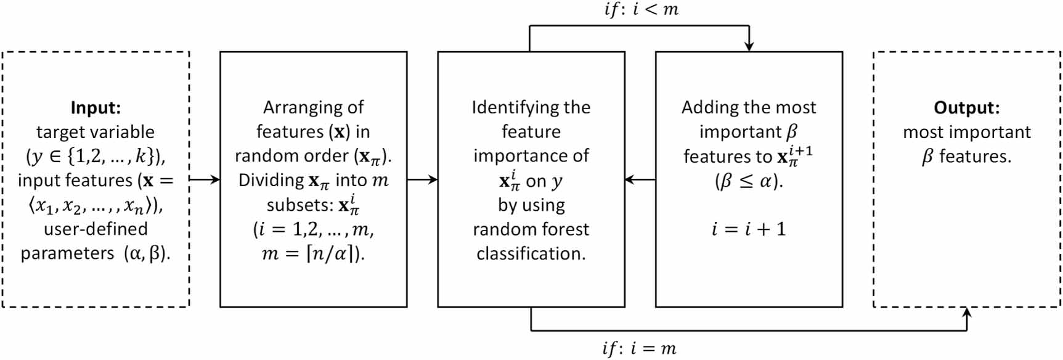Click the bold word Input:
point(96,108)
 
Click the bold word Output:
point(966,108)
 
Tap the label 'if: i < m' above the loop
point(641,10)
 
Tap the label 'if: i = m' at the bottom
point(639,349)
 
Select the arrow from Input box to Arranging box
point(205,180)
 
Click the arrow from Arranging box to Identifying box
point(423,180)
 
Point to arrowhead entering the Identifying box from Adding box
point(630,180)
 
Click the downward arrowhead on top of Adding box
point(749,46)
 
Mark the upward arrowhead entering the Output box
point(967,313)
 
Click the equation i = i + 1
point(749,229)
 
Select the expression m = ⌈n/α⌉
point(313,254)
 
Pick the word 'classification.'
point(531,254)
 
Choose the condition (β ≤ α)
point(749,181)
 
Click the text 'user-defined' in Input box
point(96,229)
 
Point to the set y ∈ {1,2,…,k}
point(96,157)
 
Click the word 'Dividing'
point(271,181)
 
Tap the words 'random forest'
point(531,229)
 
